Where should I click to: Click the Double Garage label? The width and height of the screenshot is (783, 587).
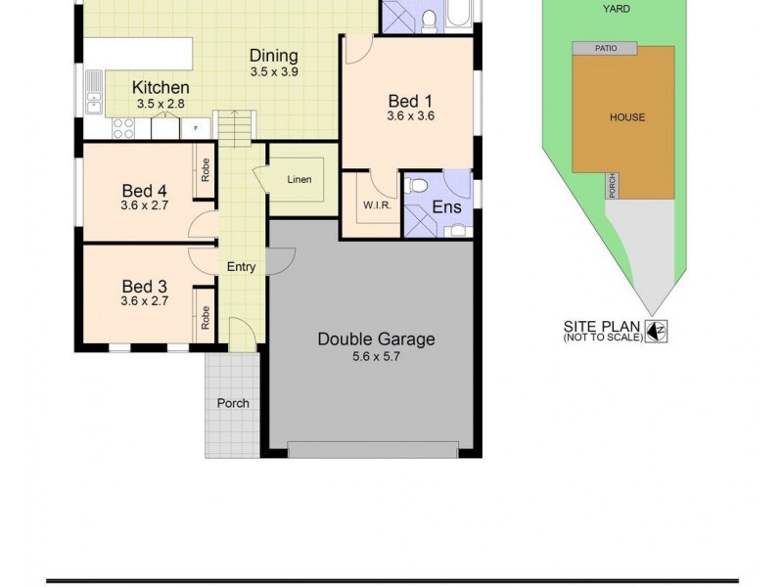coord(376,339)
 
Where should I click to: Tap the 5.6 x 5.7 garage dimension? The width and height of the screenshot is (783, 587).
coord(376,357)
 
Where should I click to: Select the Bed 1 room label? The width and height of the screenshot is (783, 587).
coord(410,101)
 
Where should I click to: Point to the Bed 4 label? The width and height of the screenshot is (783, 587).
coord(144,190)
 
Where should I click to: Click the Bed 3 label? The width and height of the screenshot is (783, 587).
coord(144,286)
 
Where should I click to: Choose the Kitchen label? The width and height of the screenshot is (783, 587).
coord(161,87)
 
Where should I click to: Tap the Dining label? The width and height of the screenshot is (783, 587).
coord(273,56)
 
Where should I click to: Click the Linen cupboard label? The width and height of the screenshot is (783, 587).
coord(299,180)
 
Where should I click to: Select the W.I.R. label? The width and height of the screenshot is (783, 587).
coord(377,205)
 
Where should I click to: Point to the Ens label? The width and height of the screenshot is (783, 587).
coord(446,207)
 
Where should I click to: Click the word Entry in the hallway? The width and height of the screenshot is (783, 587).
coord(241,266)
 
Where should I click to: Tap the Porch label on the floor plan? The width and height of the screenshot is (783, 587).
coord(233,403)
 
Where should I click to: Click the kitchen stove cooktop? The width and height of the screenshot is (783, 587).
coord(124,126)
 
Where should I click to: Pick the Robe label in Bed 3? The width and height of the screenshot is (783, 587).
coord(206,315)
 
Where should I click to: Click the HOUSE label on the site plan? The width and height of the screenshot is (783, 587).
coord(627,117)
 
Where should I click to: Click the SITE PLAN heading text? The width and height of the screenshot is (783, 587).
coord(602,327)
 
